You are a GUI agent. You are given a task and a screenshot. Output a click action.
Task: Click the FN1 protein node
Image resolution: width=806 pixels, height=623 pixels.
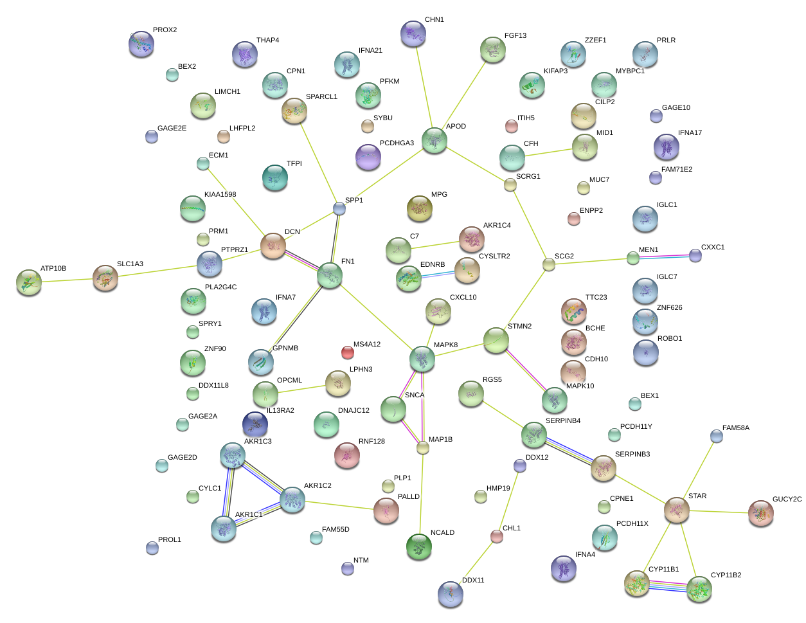pyautogui.click(x=329, y=276)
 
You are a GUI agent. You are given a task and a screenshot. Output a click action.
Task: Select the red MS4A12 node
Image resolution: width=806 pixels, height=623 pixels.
pyautogui.click(x=347, y=352)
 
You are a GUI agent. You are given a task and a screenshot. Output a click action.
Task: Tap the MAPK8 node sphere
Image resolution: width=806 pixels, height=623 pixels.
pyautogui.click(x=422, y=359)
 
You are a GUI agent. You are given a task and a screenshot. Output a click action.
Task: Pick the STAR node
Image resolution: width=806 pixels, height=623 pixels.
pyautogui.click(x=676, y=509)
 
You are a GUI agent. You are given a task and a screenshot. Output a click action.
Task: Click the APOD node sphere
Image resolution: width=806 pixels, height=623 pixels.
pyautogui.click(x=434, y=140)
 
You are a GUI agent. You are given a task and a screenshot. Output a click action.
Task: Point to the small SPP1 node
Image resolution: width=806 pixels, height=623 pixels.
pyautogui.click(x=339, y=208)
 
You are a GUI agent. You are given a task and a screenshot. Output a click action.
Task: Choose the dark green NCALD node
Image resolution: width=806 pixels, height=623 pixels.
pyautogui.click(x=419, y=546)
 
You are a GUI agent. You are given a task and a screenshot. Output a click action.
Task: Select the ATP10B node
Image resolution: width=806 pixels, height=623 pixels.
pyautogui.click(x=28, y=282)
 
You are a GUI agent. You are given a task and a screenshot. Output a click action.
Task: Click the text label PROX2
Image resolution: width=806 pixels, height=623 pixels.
pyautogui.click(x=165, y=30)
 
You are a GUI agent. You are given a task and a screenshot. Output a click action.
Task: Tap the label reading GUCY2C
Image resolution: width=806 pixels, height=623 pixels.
pyautogui.click(x=787, y=499)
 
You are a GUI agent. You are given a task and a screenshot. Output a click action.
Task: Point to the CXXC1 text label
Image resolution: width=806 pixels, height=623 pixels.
pyautogui.click(x=712, y=247)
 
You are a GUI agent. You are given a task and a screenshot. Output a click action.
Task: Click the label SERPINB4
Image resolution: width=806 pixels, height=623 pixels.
pyautogui.click(x=562, y=421)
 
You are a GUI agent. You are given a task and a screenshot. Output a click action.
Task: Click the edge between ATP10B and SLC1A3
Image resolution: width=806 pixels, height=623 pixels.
pyautogui.click(x=67, y=280)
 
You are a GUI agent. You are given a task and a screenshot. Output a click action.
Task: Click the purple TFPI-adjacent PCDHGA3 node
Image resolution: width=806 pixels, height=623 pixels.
pyautogui.click(x=368, y=157)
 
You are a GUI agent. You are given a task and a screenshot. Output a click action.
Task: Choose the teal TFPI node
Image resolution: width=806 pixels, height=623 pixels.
pyautogui.click(x=275, y=177)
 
